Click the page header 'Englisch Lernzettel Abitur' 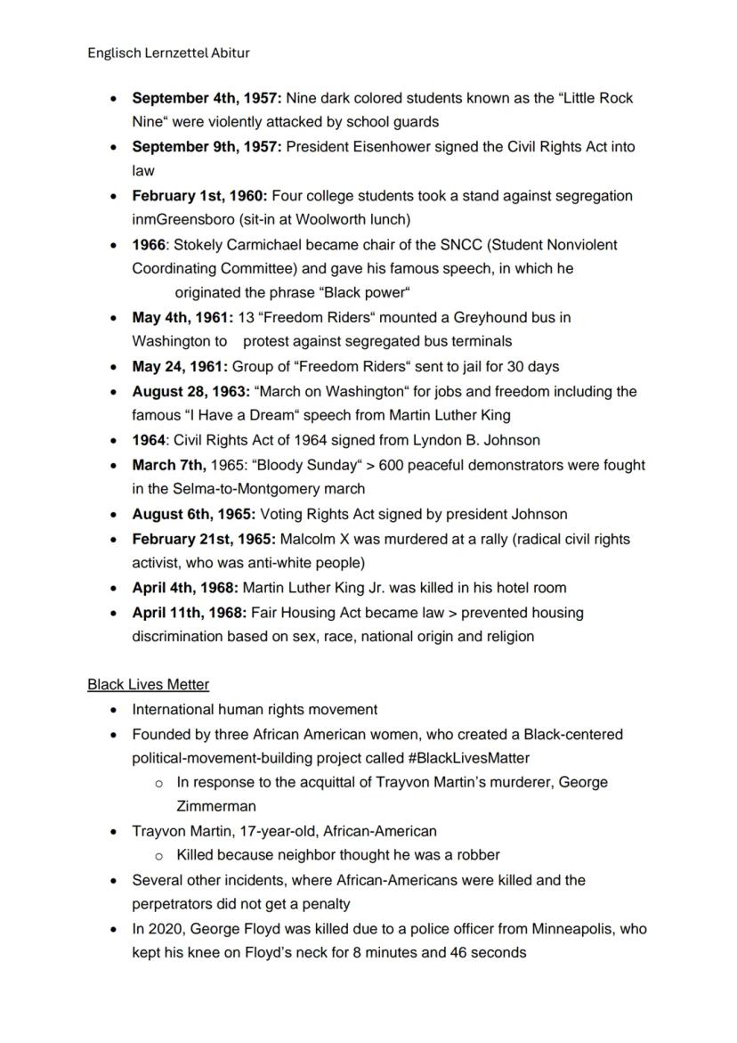[168, 53]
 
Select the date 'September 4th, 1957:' [207, 98]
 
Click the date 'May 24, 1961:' [180, 367]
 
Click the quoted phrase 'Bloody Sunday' [323, 465]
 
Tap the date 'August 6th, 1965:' [194, 515]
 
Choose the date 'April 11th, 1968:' [190, 613]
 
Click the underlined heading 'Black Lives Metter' [149, 685]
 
